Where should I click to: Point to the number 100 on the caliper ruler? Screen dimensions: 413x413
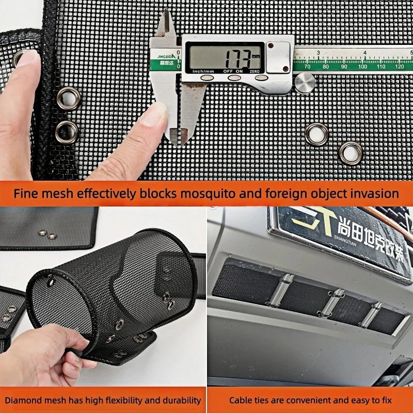click(x=362, y=66)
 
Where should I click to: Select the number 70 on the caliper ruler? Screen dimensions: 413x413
click(x=308, y=66)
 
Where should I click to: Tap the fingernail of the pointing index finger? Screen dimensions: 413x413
click(x=155, y=115)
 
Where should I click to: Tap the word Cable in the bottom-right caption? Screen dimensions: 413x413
click(x=241, y=400)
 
